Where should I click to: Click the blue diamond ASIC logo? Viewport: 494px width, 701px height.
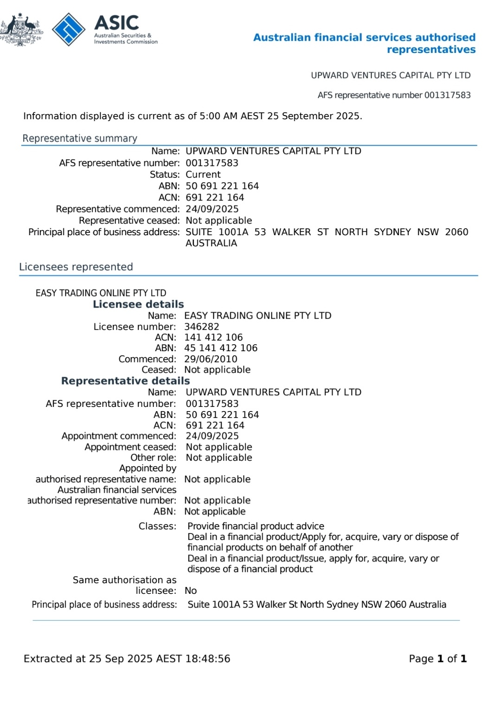tap(69, 29)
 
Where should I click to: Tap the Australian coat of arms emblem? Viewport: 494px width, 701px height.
tap(21, 30)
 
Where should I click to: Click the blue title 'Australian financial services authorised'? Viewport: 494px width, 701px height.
tap(364, 38)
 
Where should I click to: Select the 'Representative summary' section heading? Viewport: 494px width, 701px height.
tap(80, 138)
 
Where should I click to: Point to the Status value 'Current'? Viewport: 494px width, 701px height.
tap(203, 174)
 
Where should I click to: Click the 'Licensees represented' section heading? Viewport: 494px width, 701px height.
tap(76, 267)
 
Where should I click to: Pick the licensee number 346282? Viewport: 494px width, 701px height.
tap(202, 327)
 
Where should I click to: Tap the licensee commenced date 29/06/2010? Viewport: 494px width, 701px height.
tap(211, 359)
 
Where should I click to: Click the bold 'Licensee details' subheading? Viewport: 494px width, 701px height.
tap(138, 304)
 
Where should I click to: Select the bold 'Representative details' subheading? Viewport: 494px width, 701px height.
tap(125, 381)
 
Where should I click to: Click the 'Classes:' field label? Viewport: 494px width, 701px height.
tap(157, 526)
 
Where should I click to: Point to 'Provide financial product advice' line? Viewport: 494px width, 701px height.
tap(256, 526)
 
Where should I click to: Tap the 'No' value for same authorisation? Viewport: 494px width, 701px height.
tap(191, 591)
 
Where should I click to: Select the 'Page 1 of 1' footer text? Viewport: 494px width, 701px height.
tap(437, 659)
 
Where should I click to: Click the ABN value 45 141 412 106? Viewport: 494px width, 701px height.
tap(221, 348)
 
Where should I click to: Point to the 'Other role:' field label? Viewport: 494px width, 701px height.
tap(153, 457)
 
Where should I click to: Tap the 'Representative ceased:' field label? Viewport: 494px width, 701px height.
tap(129, 220)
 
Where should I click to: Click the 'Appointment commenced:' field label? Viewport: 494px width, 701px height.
tap(119, 436)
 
